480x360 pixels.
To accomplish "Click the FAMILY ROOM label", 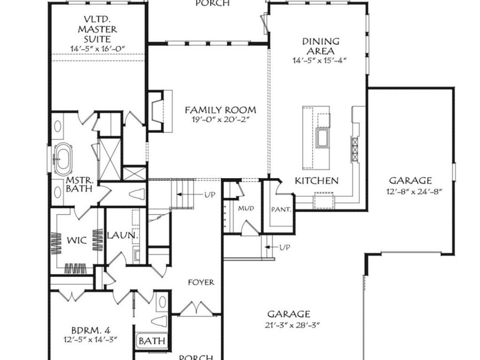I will pyautogui.click(x=220, y=110).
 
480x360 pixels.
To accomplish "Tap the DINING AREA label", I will pyautogui.click(x=321, y=45).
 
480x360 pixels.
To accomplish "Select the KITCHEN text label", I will pyautogui.click(x=317, y=181).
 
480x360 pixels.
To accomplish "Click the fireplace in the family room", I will pyautogui.click(x=156, y=111).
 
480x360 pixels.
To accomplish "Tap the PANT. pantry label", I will pyautogui.click(x=281, y=210).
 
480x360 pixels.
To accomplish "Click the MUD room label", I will pyautogui.click(x=246, y=208).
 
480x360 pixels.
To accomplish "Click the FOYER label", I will pyautogui.click(x=201, y=282).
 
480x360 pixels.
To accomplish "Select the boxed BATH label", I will pyautogui.click(x=152, y=340).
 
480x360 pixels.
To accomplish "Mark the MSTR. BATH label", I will pyautogui.click(x=79, y=184).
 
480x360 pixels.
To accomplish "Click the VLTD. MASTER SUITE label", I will pyautogui.click(x=97, y=29).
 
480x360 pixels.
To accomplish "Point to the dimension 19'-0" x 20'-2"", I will pyautogui.click(x=220, y=120).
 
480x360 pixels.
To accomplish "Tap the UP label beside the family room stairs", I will pyautogui.click(x=209, y=195).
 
